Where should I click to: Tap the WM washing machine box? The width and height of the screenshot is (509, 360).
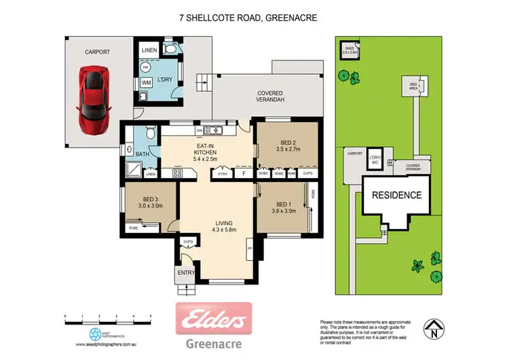(x=146, y=83)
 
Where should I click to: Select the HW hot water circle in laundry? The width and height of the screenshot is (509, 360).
(x=145, y=68)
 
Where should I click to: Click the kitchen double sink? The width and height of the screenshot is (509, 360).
(x=216, y=130)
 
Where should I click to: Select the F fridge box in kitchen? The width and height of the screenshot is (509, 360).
(x=244, y=174)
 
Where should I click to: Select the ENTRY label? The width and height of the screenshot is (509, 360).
(x=186, y=273)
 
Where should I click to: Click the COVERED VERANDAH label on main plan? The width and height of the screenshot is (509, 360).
(x=269, y=96)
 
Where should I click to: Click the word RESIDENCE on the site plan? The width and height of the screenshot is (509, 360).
(x=396, y=195)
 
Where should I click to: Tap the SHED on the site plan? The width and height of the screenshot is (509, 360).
(x=350, y=50)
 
